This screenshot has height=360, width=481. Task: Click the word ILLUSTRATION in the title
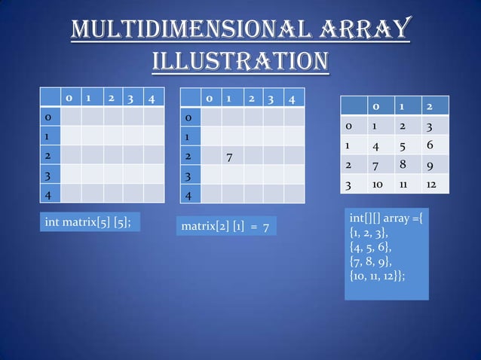pyautogui.click(x=240, y=59)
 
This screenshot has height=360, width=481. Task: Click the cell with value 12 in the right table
pyautogui.click(x=431, y=184)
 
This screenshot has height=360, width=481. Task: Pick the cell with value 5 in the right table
pyautogui.click(x=403, y=145)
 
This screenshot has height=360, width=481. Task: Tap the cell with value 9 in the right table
pyautogui.click(x=430, y=164)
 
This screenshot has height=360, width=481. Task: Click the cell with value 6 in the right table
pyautogui.click(x=430, y=145)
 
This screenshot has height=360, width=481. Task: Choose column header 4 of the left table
pyautogui.click(x=152, y=98)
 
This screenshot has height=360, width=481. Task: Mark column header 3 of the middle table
pyautogui.click(x=273, y=99)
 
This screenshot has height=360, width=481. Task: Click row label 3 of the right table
pyautogui.click(x=349, y=184)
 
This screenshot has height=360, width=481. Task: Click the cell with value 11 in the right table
pyautogui.click(x=403, y=184)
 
